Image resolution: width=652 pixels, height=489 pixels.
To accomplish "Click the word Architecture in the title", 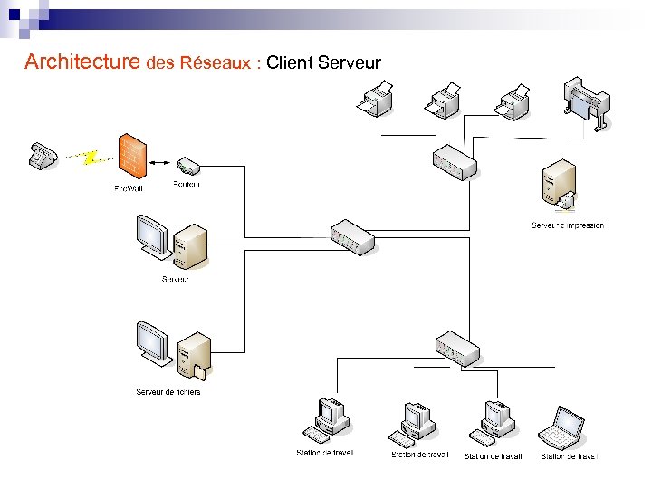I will (x=82, y=62).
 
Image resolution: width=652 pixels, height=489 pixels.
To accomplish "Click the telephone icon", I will (x=42, y=155).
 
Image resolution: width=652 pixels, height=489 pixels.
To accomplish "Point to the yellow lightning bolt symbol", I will (x=89, y=158).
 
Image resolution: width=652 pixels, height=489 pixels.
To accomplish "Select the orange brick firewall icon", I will (x=132, y=157).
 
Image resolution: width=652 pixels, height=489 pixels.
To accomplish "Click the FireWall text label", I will (x=129, y=188).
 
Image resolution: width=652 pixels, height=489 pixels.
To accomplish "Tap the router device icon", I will (x=188, y=166).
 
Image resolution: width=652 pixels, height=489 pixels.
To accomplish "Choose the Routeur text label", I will (x=187, y=184).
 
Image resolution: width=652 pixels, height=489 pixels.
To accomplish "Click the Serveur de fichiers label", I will (x=168, y=392).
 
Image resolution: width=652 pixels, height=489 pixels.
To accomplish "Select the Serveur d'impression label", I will (x=567, y=225).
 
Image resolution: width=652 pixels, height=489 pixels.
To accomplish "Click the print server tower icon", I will (x=557, y=184).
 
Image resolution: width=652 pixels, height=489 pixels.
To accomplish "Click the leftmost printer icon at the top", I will (x=375, y=99).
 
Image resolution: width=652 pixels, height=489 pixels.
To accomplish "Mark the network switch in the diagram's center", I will (x=352, y=237).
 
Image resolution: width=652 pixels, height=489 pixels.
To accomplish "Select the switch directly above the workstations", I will (x=457, y=349).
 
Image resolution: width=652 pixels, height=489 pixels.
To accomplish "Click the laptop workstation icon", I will (x=562, y=428).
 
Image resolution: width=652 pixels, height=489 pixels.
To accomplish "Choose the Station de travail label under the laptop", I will (x=570, y=456).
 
